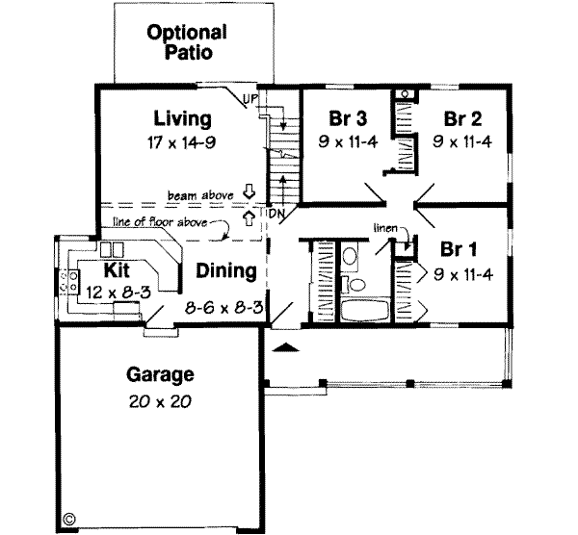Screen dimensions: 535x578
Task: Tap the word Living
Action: coord(181,120)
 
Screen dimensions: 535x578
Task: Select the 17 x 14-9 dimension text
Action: coord(182,141)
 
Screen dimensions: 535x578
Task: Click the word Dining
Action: coord(226,272)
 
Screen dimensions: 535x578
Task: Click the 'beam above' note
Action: coord(200,194)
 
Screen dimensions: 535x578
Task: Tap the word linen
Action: coord(387,228)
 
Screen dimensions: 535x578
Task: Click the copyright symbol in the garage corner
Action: coord(68,519)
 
